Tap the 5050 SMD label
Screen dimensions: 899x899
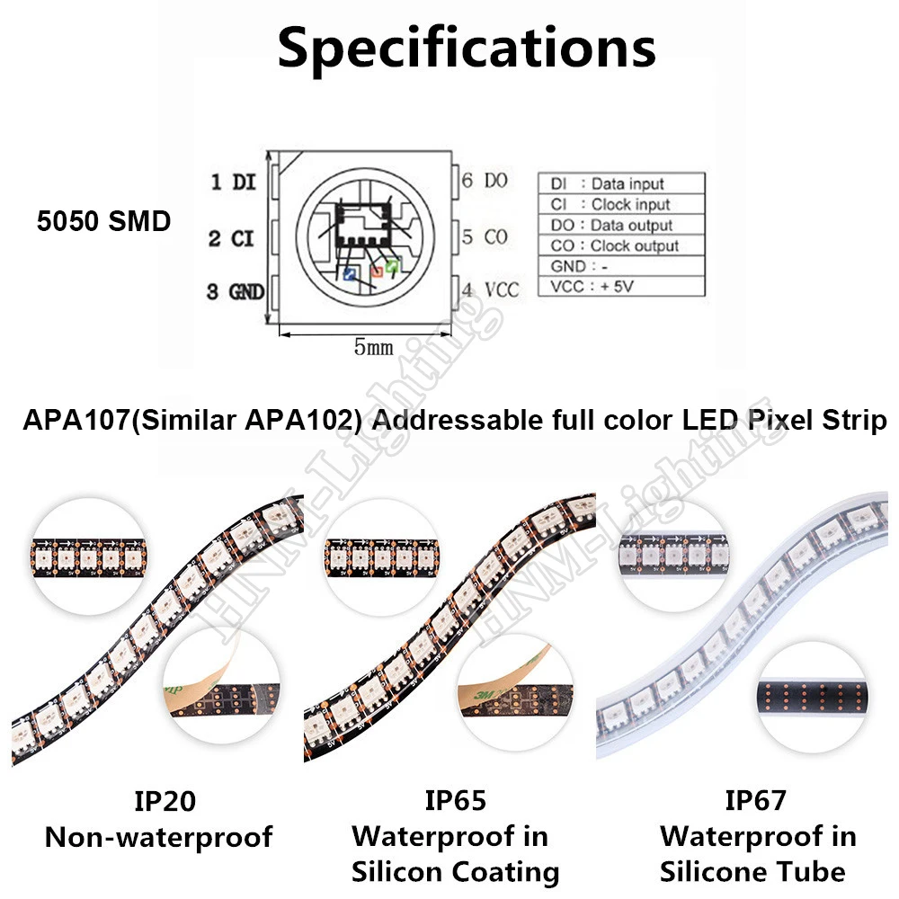pyautogui.click(x=103, y=221)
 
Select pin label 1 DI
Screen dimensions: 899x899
pyautogui.click(x=233, y=182)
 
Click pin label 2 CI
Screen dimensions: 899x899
pyautogui.click(x=233, y=237)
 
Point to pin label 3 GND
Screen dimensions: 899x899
pyautogui.click(x=235, y=291)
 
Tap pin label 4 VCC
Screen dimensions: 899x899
pyautogui.click(x=490, y=289)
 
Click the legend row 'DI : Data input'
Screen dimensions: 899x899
pyautogui.click(x=607, y=184)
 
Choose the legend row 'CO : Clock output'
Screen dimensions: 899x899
pyautogui.click(x=614, y=245)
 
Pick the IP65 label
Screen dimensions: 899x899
pyautogui.click(x=455, y=799)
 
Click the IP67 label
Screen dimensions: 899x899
pyautogui.click(x=755, y=799)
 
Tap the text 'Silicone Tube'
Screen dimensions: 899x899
pyautogui.click(x=752, y=871)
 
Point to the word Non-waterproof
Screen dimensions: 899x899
pyautogui.click(x=158, y=838)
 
